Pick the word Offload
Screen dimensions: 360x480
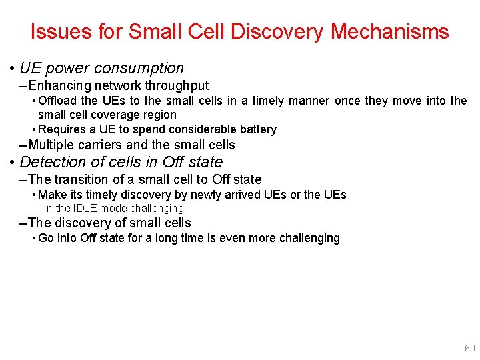point(58,101)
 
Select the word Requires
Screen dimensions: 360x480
point(60,129)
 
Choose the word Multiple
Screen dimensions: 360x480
point(52,145)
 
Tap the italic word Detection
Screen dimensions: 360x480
point(53,162)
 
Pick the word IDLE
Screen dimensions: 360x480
point(84,209)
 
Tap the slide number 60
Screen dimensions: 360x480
point(469,348)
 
